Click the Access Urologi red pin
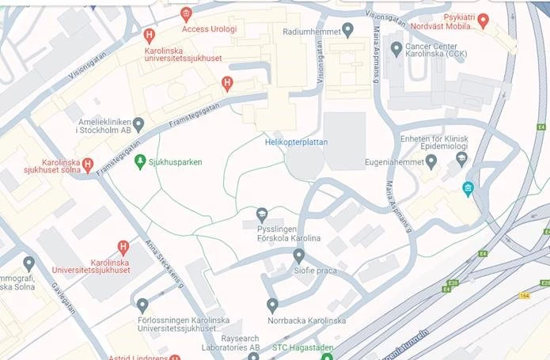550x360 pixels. point(186,13)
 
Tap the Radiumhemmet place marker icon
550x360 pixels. point(347,31)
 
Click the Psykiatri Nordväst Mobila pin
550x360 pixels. point(483,19)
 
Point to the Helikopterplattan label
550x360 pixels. point(296,142)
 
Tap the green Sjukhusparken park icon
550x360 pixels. point(140,161)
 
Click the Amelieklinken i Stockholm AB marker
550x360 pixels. point(138,124)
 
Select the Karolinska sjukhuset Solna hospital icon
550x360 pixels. point(88,165)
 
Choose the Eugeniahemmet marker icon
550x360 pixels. point(431,161)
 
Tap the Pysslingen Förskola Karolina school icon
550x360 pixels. point(262,214)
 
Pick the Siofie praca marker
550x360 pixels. point(298,256)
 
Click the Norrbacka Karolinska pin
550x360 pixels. point(272,305)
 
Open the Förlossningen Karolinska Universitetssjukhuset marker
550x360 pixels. point(142,305)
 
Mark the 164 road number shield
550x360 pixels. point(524,296)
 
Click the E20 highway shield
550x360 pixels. point(453,282)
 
